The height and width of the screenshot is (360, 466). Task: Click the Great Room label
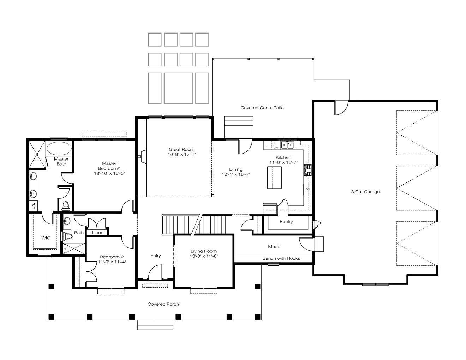tap(181, 149)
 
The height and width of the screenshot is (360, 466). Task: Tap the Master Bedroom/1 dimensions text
tap(109, 173)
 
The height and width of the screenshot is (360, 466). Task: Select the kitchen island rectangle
tap(274, 178)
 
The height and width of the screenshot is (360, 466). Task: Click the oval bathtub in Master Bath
tap(59, 148)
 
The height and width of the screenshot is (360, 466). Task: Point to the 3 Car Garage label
tap(365, 192)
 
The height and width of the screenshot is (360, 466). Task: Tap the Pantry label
tap(286, 221)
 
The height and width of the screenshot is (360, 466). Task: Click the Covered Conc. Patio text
tap(262, 108)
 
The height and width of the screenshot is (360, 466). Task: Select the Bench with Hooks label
tap(281, 258)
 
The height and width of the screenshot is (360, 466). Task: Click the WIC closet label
tap(46, 238)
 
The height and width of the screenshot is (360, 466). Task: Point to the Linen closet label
tap(97, 233)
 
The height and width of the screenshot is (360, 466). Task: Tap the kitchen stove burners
tap(308, 170)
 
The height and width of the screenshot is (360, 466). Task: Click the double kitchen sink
tap(287, 145)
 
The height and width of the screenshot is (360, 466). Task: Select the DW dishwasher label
tap(276, 148)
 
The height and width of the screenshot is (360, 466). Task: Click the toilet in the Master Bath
tap(66, 206)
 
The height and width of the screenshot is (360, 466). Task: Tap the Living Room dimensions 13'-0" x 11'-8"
tap(203, 256)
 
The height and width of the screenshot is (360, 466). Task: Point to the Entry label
tap(155, 256)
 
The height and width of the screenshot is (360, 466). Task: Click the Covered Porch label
tap(163, 304)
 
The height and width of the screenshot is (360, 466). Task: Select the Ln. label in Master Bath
tap(34, 206)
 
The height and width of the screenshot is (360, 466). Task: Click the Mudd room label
tap(274, 247)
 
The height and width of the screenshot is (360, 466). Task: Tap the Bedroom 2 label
tap(112, 257)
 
